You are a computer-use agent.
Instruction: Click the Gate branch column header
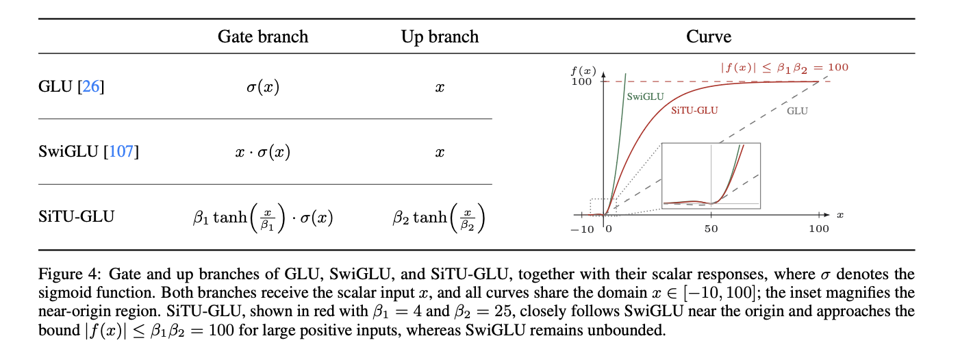[x=263, y=37]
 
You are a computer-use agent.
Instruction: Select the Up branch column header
[x=440, y=37]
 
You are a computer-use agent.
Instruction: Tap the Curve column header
[x=709, y=36]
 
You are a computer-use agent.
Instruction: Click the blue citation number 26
[x=91, y=86]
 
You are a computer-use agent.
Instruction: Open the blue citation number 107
[x=121, y=151]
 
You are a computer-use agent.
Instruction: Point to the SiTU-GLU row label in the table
[x=76, y=216]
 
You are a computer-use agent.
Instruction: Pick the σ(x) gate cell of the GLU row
[x=263, y=88]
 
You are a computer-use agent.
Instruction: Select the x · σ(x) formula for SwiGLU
[x=263, y=152]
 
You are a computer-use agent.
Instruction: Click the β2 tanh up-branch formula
[x=439, y=218]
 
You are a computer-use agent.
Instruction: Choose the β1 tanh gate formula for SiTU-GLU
[x=263, y=218]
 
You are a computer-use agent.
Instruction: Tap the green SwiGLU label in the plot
[x=645, y=97]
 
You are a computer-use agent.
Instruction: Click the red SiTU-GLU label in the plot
[x=694, y=111]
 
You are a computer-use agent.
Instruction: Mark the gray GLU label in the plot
[x=797, y=111]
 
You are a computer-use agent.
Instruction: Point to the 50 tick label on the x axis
[x=711, y=229]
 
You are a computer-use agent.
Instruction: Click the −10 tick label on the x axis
[x=582, y=229]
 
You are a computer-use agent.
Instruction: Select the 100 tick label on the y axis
[x=581, y=81]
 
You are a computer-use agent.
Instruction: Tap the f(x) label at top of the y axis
[x=583, y=71]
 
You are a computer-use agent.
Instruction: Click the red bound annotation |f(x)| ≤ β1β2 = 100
[x=784, y=68]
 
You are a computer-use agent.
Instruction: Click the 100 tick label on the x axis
[x=818, y=229]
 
